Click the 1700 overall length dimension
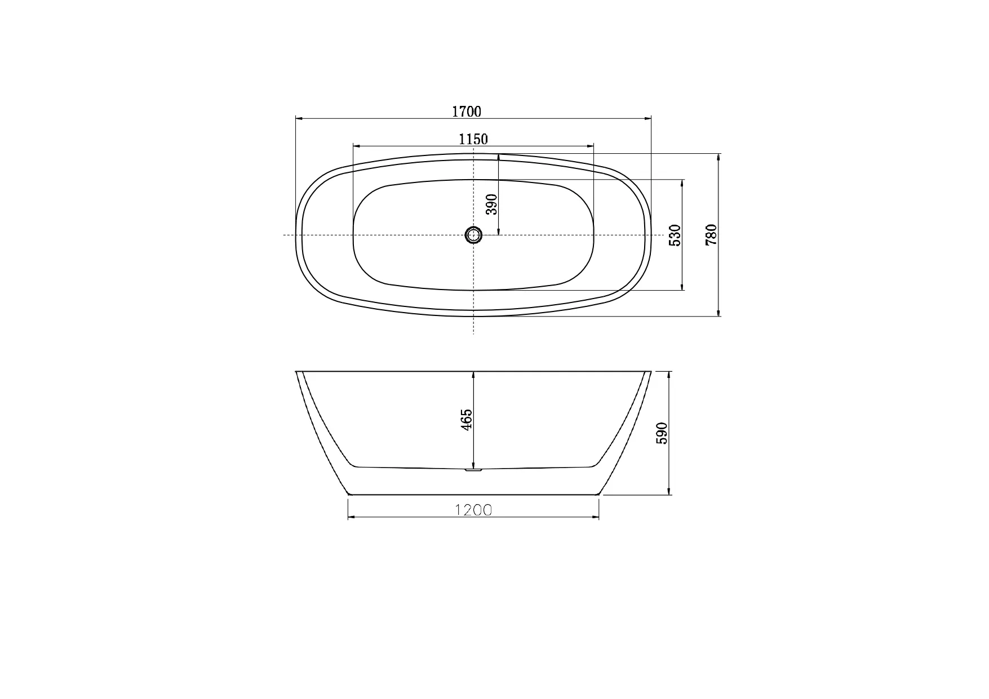467,112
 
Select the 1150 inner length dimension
473,139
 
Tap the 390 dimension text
492,204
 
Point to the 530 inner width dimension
675,235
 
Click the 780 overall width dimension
711,234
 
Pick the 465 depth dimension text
467,420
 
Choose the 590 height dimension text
662,433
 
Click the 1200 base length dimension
473,510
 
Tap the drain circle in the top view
473,234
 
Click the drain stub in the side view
473,469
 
